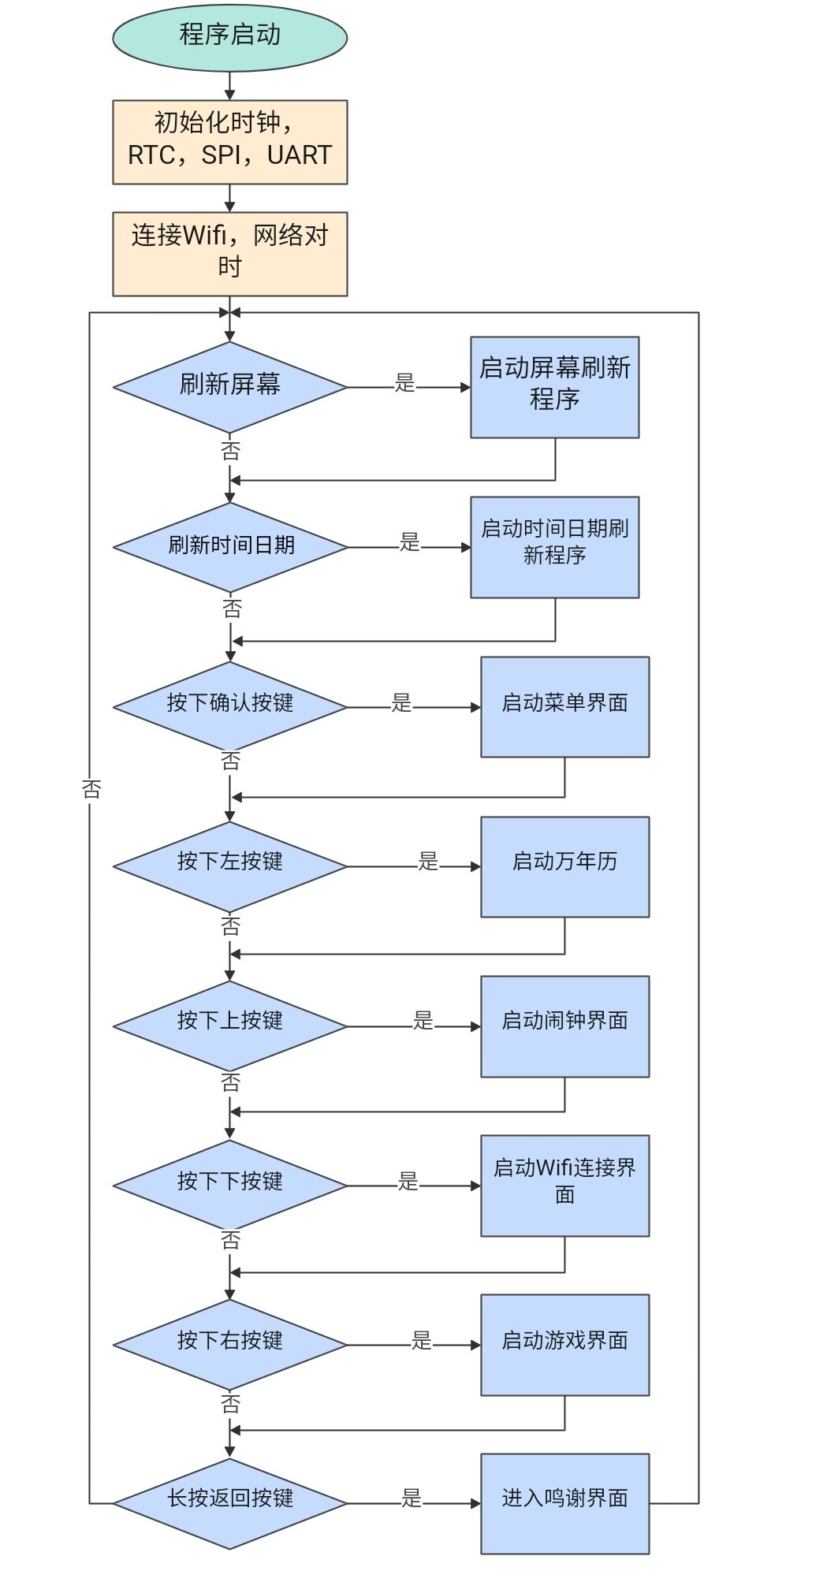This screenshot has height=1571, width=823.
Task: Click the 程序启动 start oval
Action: (x=229, y=36)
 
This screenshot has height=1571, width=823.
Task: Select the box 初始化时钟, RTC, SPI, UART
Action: (x=229, y=142)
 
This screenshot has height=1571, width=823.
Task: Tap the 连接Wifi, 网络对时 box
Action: (x=229, y=254)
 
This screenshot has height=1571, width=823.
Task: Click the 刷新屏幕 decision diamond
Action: (x=229, y=387)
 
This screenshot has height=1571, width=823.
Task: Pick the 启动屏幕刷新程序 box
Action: (x=555, y=387)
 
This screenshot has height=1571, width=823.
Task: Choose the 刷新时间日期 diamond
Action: (x=230, y=547)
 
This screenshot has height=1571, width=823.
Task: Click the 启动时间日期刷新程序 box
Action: (x=555, y=547)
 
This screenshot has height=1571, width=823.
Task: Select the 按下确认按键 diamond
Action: (x=229, y=707)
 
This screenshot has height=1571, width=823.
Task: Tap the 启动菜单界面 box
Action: (x=565, y=707)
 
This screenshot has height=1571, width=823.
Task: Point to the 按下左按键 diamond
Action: (x=229, y=866)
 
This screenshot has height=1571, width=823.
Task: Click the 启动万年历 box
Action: (x=565, y=866)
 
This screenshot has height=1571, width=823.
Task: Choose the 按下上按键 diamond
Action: (x=229, y=1026)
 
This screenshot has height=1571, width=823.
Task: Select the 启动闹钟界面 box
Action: (x=565, y=1026)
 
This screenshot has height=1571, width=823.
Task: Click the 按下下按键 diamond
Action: (x=229, y=1186)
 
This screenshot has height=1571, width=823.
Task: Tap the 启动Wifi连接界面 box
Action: (x=565, y=1186)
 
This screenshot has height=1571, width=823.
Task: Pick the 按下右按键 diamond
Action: (x=229, y=1345)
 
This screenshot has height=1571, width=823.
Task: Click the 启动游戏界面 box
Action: (x=565, y=1345)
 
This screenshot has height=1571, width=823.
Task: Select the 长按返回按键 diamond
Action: (x=229, y=1503)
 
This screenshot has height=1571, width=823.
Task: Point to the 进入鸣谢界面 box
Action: (x=565, y=1504)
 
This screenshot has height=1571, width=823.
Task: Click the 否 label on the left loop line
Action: (x=91, y=789)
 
